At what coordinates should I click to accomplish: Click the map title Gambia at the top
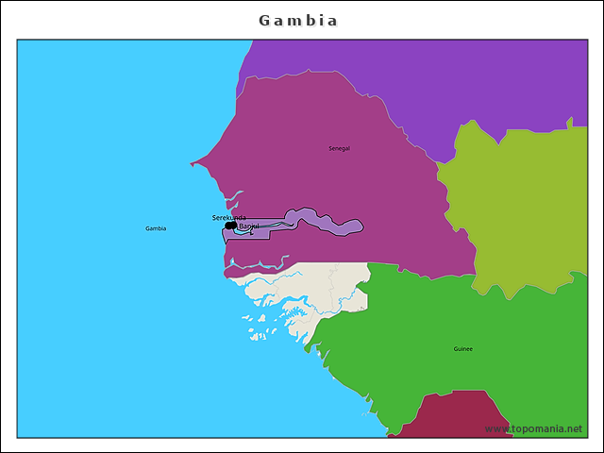pyautogui.click(x=298, y=20)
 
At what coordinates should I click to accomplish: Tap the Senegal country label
pyautogui.click(x=339, y=148)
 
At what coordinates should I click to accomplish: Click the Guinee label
pyautogui.click(x=462, y=349)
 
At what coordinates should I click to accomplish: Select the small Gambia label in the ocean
pyautogui.click(x=156, y=228)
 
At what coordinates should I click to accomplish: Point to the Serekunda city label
pyautogui.click(x=228, y=217)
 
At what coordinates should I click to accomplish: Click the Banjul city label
pyautogui.click(x=248, y=226)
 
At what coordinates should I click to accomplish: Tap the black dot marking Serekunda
pyautogui.click(x=230, y=226)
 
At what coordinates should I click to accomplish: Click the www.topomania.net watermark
pyautogui.click(x=533, y=428)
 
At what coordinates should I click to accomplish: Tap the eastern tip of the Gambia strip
pyautogui.click(x=361, y=226)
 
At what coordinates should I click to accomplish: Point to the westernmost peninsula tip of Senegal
pyautogui.click(x=192, y=164)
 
